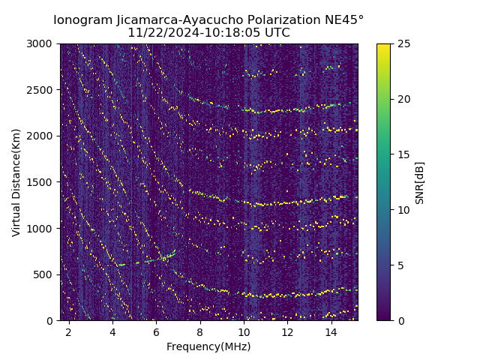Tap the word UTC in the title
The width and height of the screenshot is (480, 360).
click(275, 33)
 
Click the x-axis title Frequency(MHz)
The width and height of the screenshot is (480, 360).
click(208, 346)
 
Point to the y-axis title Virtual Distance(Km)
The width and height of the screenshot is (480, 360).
click(16, 182)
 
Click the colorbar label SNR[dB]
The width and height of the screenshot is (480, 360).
click(420, 182)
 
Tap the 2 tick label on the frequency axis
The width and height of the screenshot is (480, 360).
click(68, 331)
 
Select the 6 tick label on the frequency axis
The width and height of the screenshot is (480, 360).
click(156, 331)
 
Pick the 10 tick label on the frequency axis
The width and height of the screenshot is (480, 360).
click(244, 331)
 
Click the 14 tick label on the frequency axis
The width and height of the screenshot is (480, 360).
click(331, 331)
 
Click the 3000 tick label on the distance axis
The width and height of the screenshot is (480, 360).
click(41, 44)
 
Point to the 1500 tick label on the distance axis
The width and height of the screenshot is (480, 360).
click(41, 182)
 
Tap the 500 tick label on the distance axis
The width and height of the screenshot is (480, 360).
click(44, 274)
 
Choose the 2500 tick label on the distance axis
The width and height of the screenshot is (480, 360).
click(41, 90)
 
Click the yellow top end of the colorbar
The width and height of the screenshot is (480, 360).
click(383, 46)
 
